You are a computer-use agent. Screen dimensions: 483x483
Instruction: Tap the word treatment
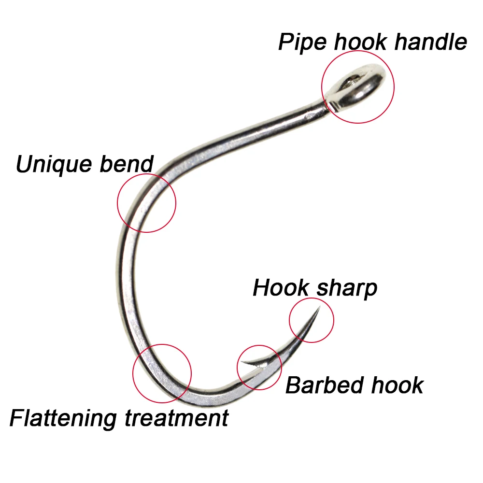click(x=176, y=418)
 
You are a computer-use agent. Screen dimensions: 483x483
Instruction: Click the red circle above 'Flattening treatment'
click(x=162, y=344)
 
